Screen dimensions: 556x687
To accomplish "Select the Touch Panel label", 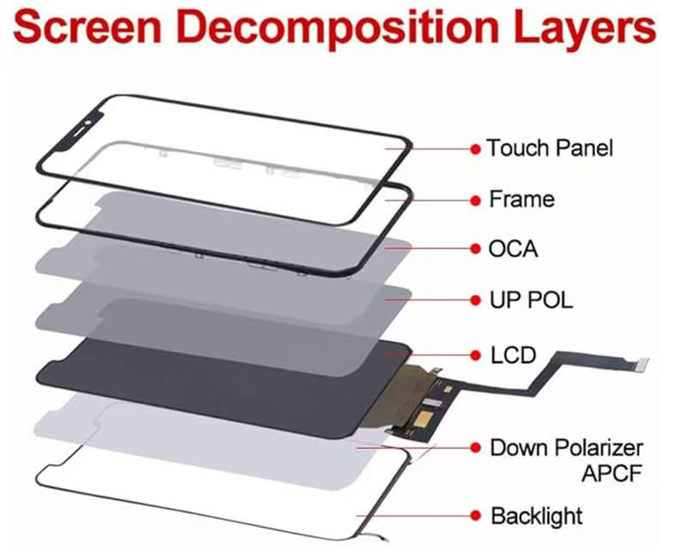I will [x=550, y=148].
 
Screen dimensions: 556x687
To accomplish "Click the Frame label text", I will [x=521, y=199].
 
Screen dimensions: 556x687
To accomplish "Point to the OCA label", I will [x=514, y=250].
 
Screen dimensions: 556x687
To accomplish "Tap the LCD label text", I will [x=514, y=354].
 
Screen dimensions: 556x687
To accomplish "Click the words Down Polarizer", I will [x=566, y=447].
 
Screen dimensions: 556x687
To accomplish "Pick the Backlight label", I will [x=536, y=517].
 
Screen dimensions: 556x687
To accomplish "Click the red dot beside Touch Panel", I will [x=475, y=148].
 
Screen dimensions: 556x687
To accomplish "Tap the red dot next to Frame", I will [x=475, y=200].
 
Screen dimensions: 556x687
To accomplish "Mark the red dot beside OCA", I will [x=475, y=250].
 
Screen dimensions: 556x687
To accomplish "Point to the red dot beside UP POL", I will [x=475, y=301].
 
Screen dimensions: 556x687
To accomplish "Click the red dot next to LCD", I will [x=475, y=354].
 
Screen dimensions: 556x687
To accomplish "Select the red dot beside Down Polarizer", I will [x=475, y=448].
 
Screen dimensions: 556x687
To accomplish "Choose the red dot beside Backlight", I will [x=475, y=517].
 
